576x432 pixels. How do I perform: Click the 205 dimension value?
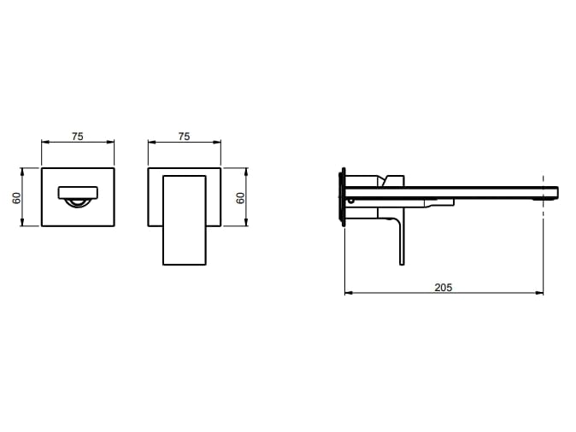coord(443,287)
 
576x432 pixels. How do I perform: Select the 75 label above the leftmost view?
coord(78,136)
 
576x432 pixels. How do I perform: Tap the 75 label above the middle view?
coord(184,136)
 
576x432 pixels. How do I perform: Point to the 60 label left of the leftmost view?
coord(17,198)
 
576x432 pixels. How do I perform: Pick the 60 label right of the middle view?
coord(240,198)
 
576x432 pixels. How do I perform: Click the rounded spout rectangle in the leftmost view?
coord(78,193)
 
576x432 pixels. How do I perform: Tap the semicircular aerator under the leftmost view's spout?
coord(78,202)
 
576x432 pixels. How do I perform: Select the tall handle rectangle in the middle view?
coord(184,220)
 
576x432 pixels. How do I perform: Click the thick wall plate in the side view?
coord(344,197)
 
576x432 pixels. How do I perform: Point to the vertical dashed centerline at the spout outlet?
coord(543,197)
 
